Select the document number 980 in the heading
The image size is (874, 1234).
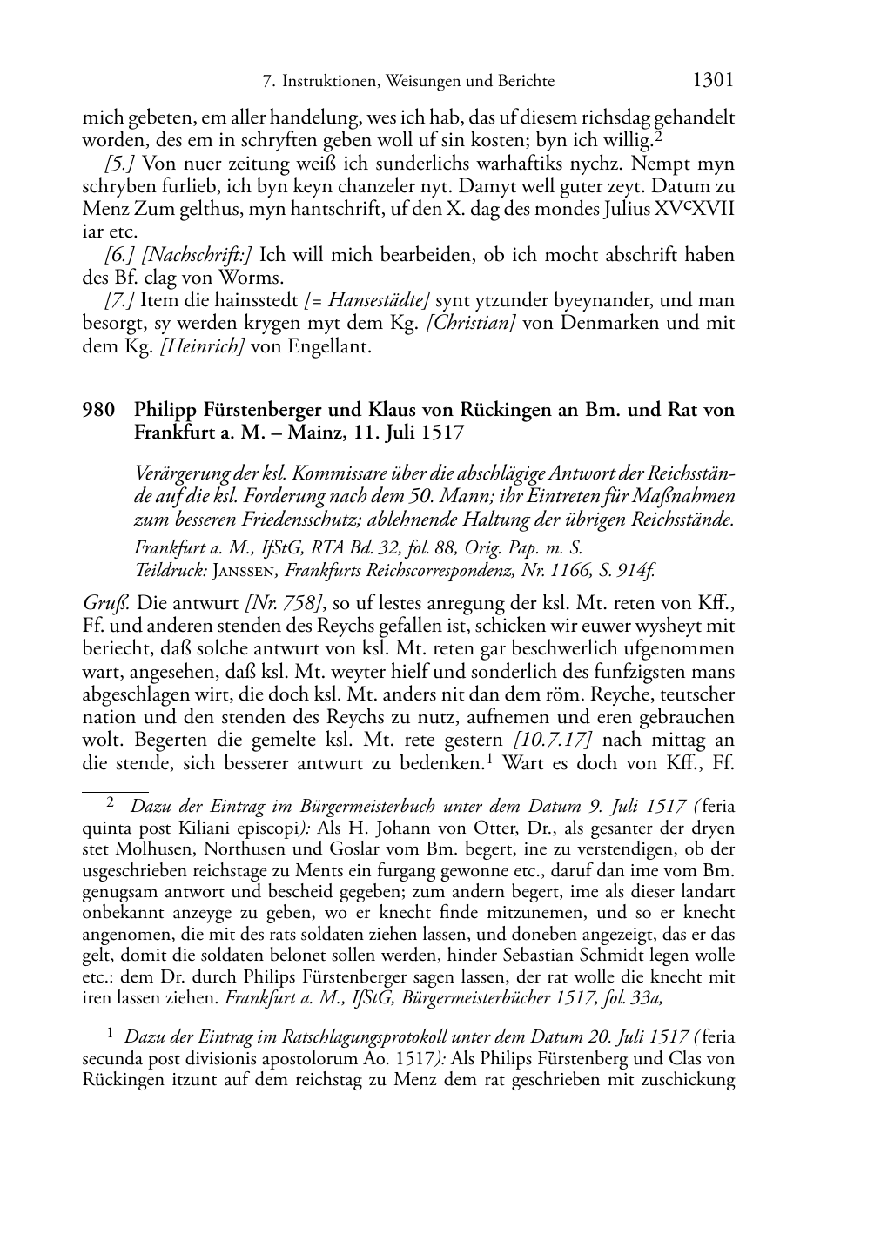pyautogui.click(x=98, y=409)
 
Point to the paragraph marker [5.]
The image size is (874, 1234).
pyautogui.click(x=119, y=164)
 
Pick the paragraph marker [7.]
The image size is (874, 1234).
pyautogui.click(x=119, y=301)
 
